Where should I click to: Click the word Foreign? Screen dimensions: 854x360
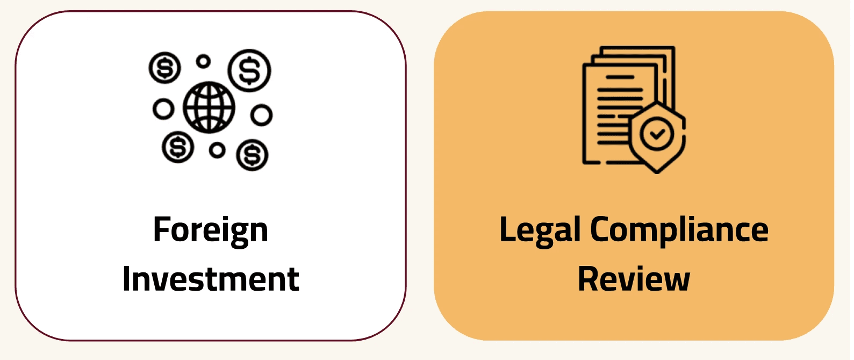pos(210,231)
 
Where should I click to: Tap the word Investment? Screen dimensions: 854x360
pos(210,279)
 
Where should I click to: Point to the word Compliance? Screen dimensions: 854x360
pos(679,231)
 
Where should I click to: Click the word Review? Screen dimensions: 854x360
pos(634,279)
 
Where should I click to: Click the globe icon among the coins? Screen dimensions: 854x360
pos(209,107)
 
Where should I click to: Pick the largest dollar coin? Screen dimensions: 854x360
pos(249,70)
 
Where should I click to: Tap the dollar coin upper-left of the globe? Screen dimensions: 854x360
pos(164,68)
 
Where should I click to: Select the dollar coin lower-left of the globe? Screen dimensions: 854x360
pos(177,147)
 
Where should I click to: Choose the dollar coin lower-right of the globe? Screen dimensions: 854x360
pos(252,155)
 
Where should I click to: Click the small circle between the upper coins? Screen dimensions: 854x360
pos(203,61)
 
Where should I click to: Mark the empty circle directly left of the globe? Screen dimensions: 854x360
pos(163,109)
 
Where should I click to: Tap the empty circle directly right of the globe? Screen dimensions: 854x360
pos(261,114)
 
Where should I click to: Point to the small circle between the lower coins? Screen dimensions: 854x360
pos(217,150)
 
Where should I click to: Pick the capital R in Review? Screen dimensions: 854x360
pos(588,279)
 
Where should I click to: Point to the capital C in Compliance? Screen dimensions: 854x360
pos(600,229)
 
